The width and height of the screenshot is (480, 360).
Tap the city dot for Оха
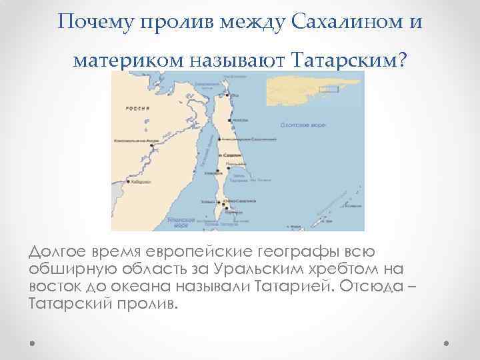(x=228, y=94)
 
